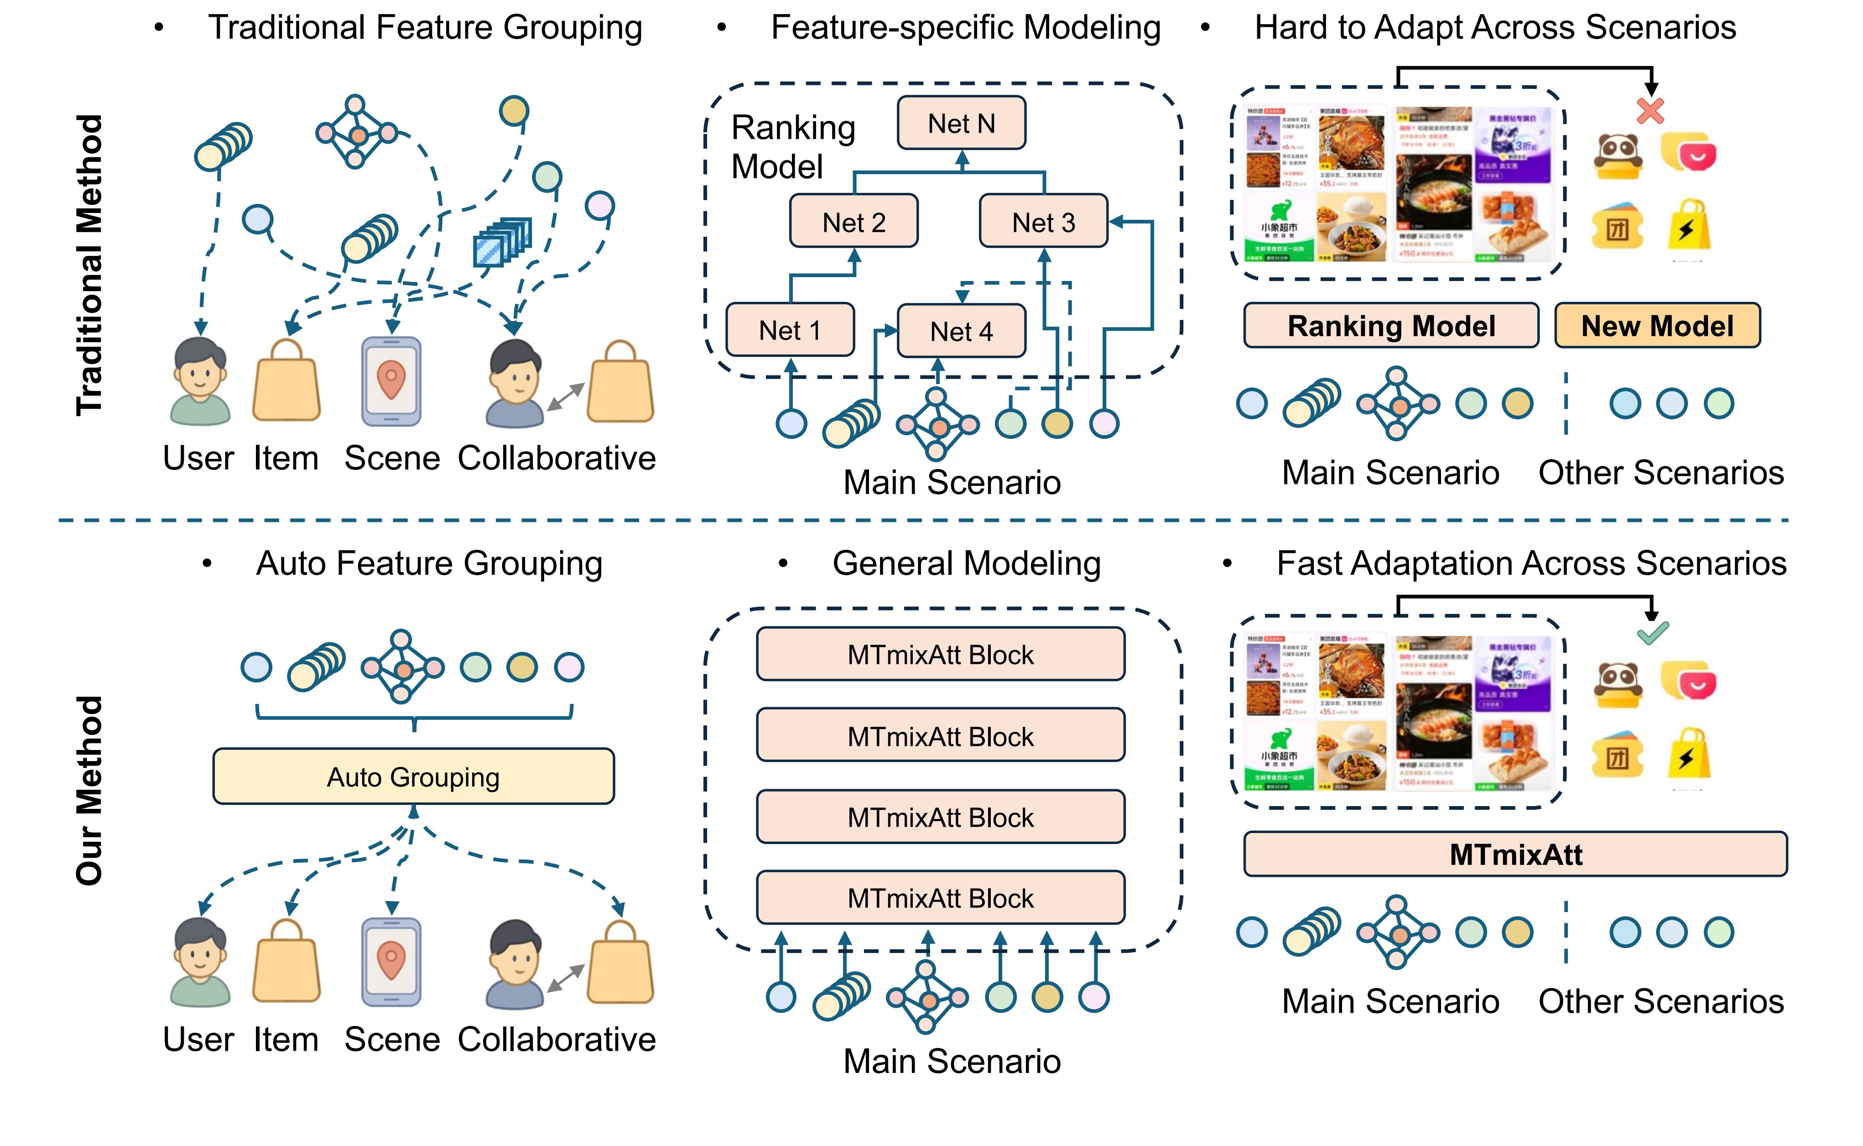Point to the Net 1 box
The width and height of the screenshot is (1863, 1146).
790,330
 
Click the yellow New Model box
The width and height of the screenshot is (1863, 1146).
1657,326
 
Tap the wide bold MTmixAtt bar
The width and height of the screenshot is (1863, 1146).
1515,854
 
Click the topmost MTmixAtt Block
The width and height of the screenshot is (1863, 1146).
940,654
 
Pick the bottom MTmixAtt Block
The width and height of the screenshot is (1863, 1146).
940,898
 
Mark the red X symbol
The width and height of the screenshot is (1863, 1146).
1650,111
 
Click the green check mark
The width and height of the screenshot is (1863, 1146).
1652,632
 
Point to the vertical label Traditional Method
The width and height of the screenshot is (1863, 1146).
89,265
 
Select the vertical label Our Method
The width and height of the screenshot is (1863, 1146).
89,791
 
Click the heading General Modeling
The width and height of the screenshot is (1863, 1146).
966,563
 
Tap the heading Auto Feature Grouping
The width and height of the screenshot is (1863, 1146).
429,563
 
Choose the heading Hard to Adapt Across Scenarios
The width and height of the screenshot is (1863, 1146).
1495,27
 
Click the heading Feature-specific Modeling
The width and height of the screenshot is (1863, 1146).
965,27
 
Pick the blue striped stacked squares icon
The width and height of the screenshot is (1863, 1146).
501,243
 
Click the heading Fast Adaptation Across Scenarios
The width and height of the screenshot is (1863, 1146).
1531,563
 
